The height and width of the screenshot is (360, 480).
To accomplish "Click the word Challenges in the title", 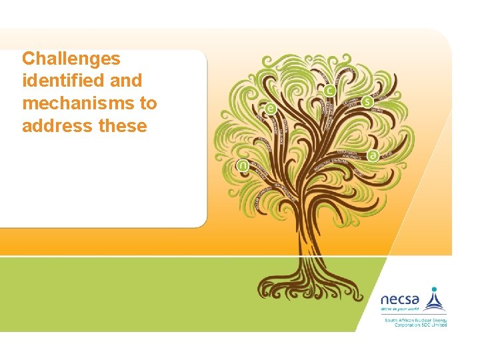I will click(71, 59).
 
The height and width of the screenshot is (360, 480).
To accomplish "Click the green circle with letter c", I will click(329, 90).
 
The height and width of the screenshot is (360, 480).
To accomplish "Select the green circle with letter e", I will click(270, 108).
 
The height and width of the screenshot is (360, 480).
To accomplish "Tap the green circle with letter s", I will click(367, 101).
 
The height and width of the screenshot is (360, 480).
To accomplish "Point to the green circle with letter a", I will click(373, 155).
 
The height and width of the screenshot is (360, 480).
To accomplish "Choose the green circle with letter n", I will click(243, 165).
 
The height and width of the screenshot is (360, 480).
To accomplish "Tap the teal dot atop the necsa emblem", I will click(435, 290).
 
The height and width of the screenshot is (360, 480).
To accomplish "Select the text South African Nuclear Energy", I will click(415, 320).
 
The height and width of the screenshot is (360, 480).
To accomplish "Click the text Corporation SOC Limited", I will click(415, 325).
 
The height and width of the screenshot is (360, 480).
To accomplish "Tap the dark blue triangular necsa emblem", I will click(435, 302).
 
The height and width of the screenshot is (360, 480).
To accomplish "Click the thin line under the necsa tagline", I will click(413, 315).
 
